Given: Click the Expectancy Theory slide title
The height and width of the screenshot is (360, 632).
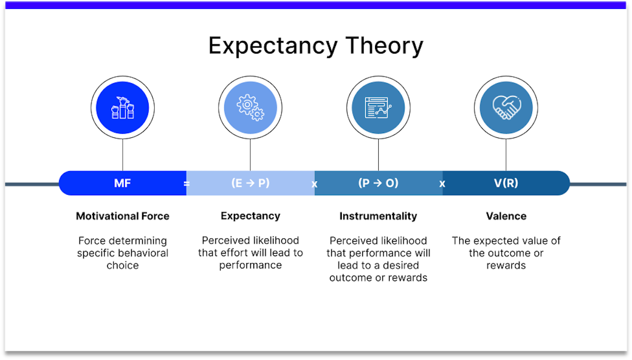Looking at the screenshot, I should point(315,46).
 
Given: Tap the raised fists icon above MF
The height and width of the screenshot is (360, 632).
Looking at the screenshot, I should point(122,107).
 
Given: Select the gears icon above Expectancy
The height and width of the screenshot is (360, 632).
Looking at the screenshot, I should point(250,107).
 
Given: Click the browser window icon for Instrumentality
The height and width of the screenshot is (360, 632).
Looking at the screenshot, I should point(378,107).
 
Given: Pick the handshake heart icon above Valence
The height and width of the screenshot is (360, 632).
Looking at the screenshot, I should point(506,107).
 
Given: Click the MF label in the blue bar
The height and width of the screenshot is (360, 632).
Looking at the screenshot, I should point(122,183).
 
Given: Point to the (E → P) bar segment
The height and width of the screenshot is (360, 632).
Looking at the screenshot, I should point(250,183).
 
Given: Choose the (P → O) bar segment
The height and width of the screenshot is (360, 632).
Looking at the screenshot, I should point(378,183).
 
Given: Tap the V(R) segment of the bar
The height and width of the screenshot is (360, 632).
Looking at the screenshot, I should point(506,183).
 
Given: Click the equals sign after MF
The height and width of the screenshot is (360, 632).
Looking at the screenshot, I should point(186,184).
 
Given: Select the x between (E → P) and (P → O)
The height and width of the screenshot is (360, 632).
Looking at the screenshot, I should point(314,184).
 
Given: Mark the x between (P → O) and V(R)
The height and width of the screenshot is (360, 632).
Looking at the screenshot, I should point(442,184).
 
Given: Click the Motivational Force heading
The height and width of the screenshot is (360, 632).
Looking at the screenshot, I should point(123,216).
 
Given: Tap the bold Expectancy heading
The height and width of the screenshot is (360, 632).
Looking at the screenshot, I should point(250,216).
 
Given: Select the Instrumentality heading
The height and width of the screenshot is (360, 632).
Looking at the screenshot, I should point(378,216).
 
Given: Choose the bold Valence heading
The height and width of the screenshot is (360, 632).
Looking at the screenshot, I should point(506,216).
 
